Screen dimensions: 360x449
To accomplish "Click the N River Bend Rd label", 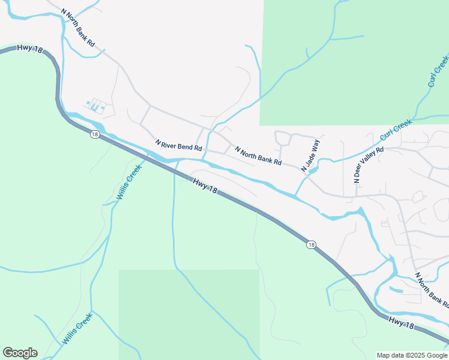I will coord(179,146).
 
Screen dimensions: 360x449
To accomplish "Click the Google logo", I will coord(20,353).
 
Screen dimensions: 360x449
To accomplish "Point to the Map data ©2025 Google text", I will coord(412,355).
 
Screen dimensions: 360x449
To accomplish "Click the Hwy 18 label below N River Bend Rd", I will coord(205,185).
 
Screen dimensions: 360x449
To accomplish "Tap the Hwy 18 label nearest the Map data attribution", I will coord(402,322).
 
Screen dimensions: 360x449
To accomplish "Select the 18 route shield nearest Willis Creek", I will coord(95,134).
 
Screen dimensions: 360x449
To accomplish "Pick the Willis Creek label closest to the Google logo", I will coord(77,329).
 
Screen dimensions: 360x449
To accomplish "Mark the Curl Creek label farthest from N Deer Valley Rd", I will coord(438,71).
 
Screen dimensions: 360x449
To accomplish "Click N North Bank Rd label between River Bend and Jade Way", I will coord(258,155).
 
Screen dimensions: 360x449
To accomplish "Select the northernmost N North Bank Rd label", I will coord(78,28).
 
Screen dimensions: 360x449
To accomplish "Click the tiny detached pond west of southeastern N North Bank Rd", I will coord(397,290).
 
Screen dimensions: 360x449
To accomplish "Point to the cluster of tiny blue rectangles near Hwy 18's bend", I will coord(96,106).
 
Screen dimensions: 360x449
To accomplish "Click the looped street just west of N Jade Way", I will coord(282,139).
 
